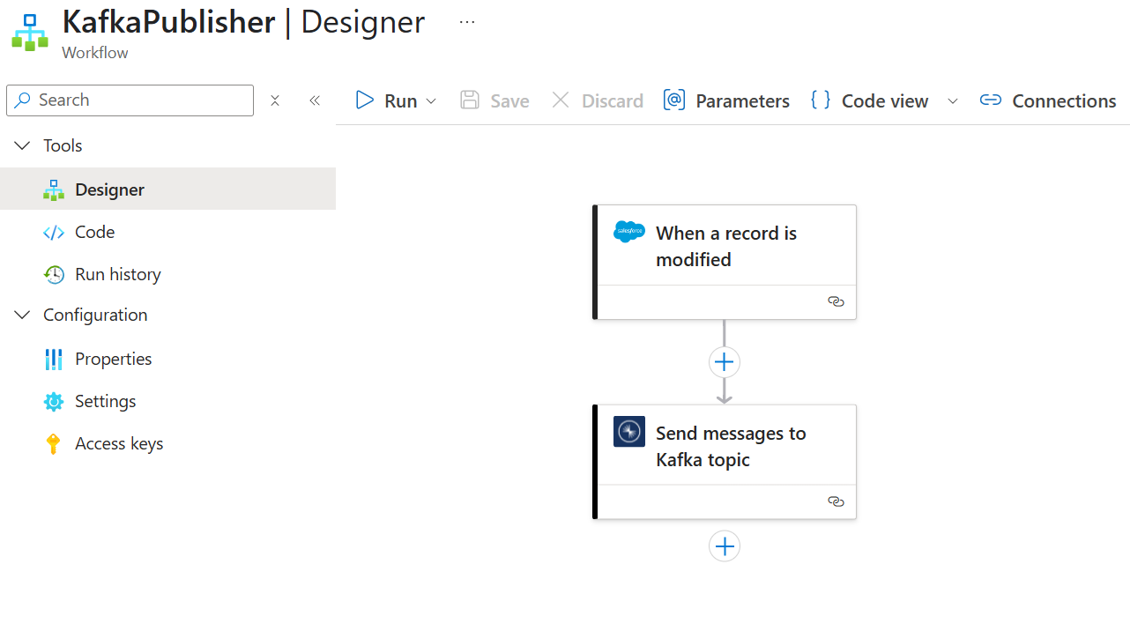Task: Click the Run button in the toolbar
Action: click(x=396, y=100)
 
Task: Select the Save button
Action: click(x=494, y=100)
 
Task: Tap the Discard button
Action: click(x=598, y=100)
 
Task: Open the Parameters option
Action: click(x=726, y=100)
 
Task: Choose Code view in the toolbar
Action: click(x=870, y=100)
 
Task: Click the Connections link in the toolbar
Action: click(x=1048, y=100)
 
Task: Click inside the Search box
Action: click(x=130, y=100)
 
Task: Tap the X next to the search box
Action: click(x=275, y=100)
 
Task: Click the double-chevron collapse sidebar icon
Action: click(x=315, y=100)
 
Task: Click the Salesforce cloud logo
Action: click(x=629, y=232)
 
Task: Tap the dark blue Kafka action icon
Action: click(x=629, y=431)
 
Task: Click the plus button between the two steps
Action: click(x=725, y=362)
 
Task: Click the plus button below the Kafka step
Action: click(x=725, y=546)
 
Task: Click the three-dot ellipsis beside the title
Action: click(x=467, y=22)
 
